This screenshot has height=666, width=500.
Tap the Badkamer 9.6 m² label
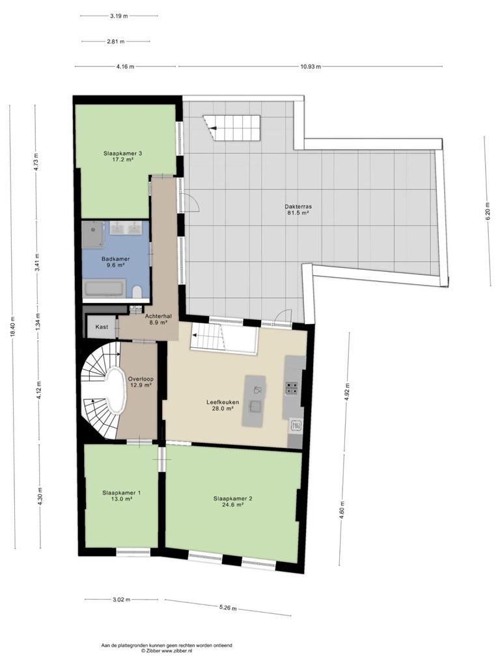pos(115,261)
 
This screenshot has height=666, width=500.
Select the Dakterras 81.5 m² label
pos(298,210)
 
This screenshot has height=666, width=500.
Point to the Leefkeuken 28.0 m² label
pos(223,405)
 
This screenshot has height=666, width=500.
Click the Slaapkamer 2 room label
pos(232,501)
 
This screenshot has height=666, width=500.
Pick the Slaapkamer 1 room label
pos(121,496)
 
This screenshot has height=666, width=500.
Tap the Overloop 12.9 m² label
pos(141,382)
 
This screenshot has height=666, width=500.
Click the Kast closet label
pos(102,327)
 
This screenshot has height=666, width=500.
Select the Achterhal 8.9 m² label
pos(156,319)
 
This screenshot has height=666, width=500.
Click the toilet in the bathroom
pos(137,292)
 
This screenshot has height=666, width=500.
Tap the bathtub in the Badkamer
pos(105,289)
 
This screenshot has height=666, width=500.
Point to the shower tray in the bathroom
pos(92,234)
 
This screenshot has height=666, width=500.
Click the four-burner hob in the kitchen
pos(292,388)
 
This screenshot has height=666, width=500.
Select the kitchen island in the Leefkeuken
pos(254,401)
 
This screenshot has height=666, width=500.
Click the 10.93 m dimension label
pos(311,67)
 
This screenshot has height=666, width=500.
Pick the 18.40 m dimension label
pos(12,327)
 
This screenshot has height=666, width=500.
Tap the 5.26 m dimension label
pos(228,608)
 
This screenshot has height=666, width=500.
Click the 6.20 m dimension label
pos(488,210)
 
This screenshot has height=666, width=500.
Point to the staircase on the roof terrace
pos(232,128)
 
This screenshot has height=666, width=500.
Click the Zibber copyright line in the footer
pos(167,650)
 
